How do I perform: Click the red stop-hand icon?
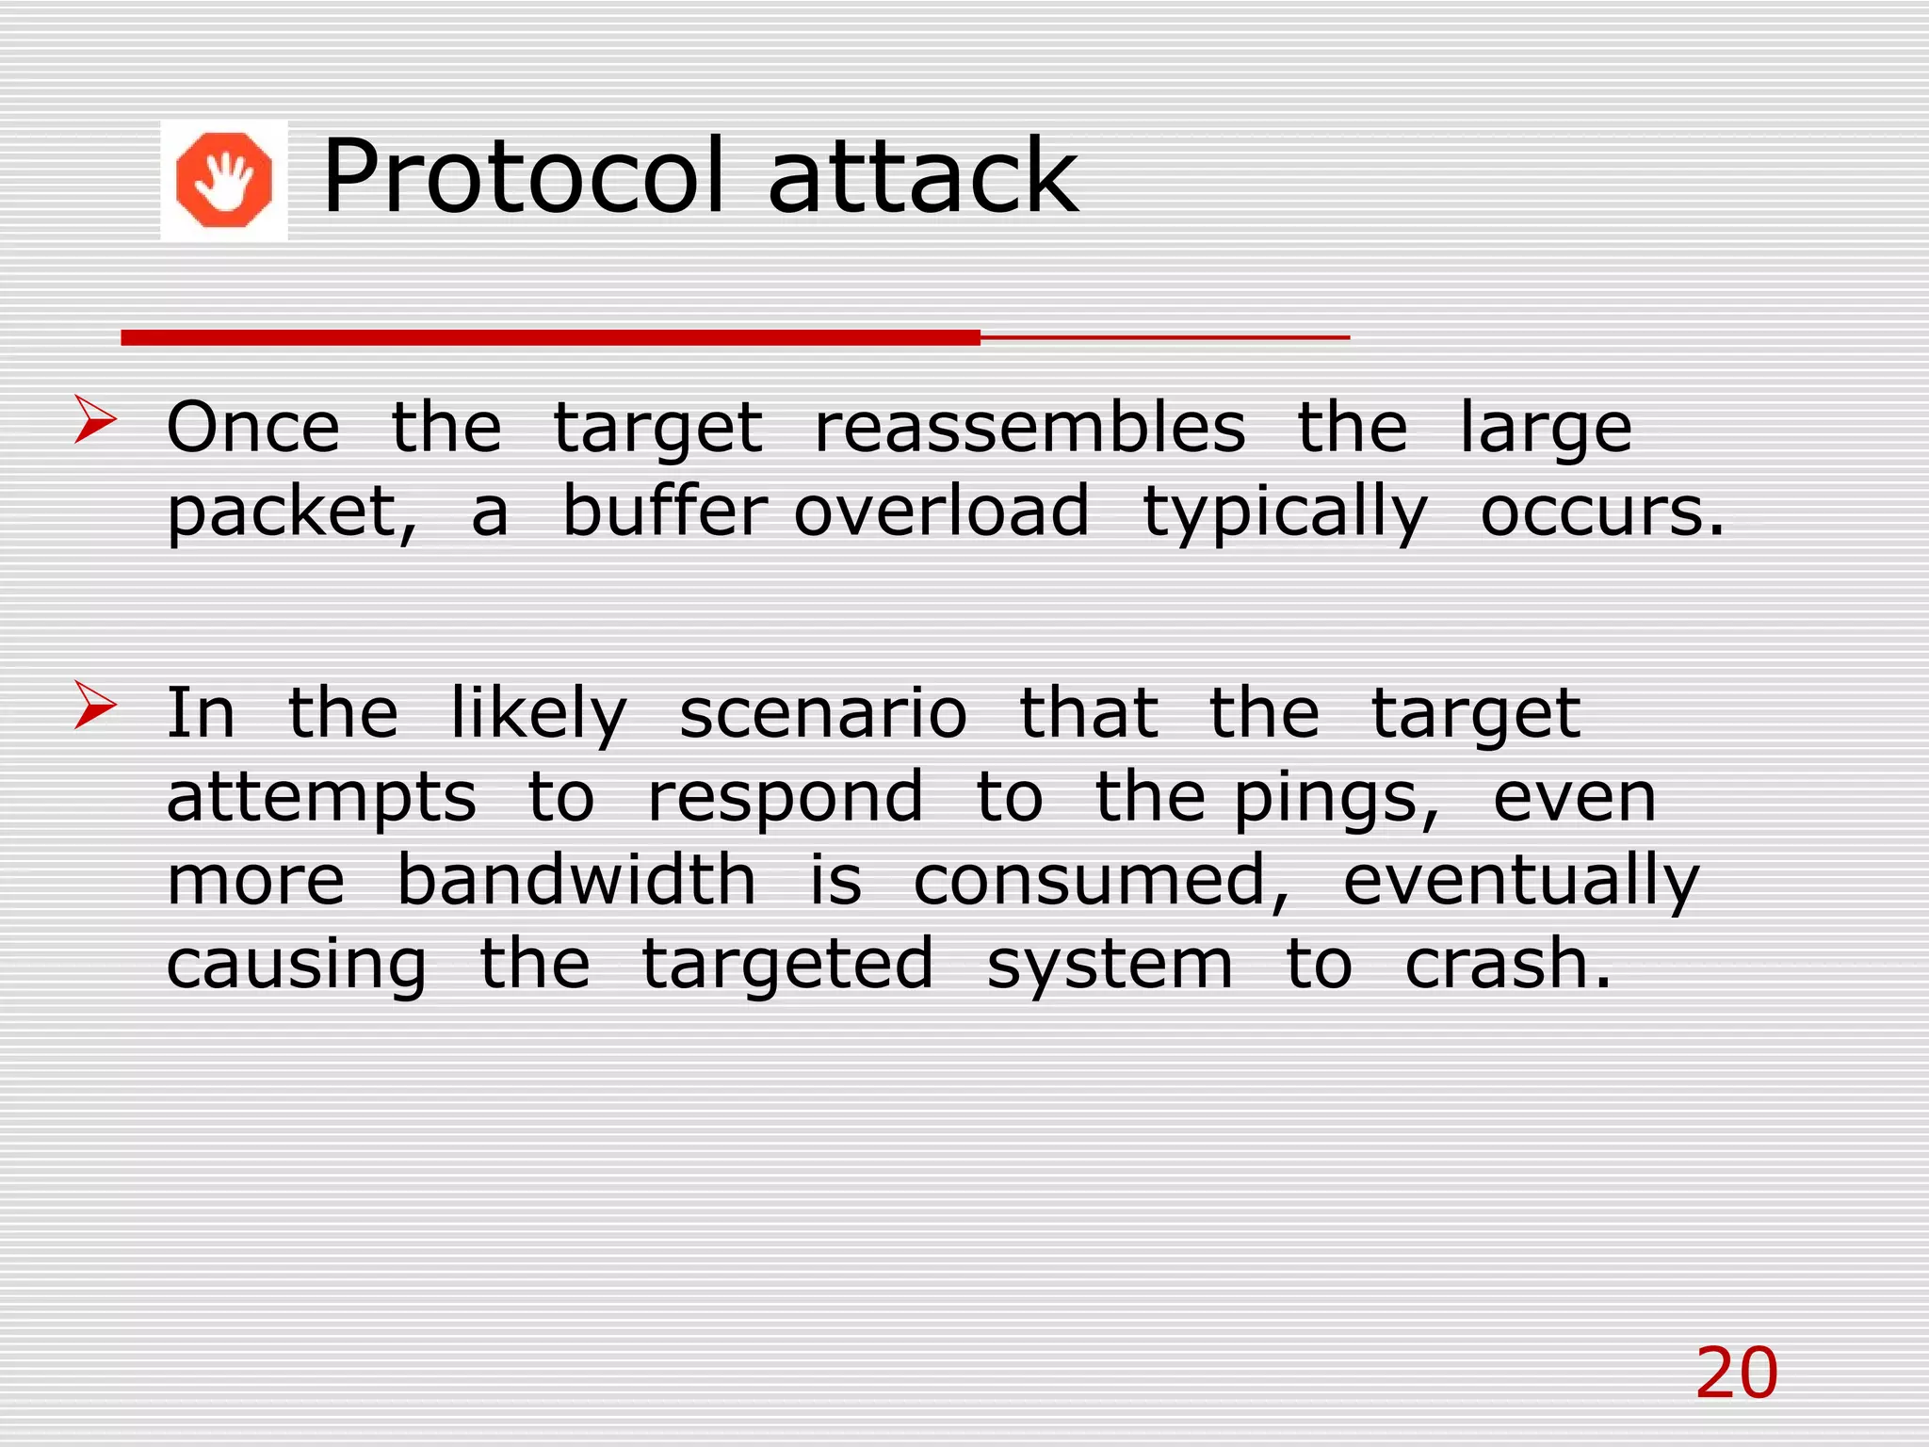pos(224,180)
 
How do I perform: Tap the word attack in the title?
pos(923,176)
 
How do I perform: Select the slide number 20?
pos(1736,1374)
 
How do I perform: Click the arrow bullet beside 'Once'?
pos(95,420)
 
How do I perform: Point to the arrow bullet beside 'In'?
pos(95,706)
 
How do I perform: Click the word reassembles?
pos(1029,428)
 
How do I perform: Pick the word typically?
pos(1285,513)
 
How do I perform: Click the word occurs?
pos(1601,513)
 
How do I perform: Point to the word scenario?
pos(822,713)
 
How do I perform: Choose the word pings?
pos(1336,799)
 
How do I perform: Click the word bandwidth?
pos(576,880)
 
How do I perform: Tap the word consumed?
pos(1100,882)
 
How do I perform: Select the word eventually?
pos(1520,882)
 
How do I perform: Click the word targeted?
pos(787,966)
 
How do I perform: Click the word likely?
pos(539,713)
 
